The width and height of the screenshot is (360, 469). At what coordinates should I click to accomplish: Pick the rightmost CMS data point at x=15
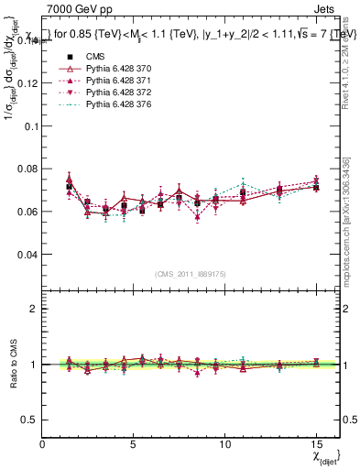tap(316, 187)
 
